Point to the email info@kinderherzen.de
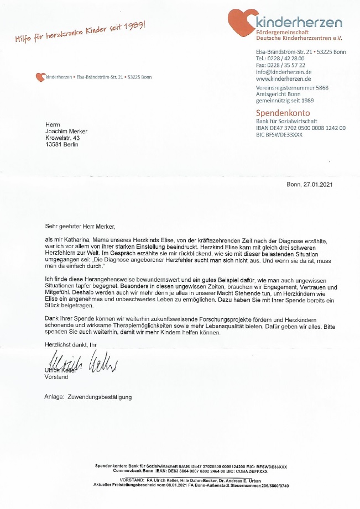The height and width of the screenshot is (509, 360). click(x=283, y=72)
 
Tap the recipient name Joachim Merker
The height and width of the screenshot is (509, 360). click(x=67, y=131)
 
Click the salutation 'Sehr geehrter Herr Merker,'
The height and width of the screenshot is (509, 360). click(x=81, y=226)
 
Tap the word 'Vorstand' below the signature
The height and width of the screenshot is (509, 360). click(x=56, y=377)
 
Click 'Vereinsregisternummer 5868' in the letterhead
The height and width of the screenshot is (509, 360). click(x=292, y=88)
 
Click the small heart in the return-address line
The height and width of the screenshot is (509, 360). click(x=39, y=77)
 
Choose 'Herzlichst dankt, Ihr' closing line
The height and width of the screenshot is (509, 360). click(x=67, y=344)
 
